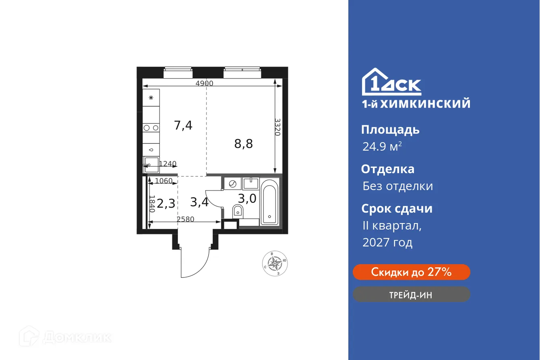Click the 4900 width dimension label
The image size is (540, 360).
(x=204, y=83)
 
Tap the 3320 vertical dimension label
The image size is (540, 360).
(x=277, y=127)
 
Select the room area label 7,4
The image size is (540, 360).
(x=183, y=125)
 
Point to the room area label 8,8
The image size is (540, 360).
(x=244, y=143)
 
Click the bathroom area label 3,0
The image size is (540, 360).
(x=247, y=199)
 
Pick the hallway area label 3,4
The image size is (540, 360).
(x=199, y=202)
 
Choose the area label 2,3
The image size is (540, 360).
(x=166, y=203)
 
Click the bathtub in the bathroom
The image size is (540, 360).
(x=269, y=201)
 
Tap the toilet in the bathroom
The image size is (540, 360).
(x=238, y=211)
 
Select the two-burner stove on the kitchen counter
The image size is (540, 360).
(x=151, y=128)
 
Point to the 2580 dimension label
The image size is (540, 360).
(x=185, y=219)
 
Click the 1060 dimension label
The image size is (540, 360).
(x=163, y=181)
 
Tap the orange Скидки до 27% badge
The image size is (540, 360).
(x=411, y=272)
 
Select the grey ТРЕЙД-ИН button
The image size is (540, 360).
(x=411, y=295)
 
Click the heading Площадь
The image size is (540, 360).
(x=390, y=130)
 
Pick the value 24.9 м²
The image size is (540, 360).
(x=382, y=147)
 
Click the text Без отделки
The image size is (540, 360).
(x=397, y=186)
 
